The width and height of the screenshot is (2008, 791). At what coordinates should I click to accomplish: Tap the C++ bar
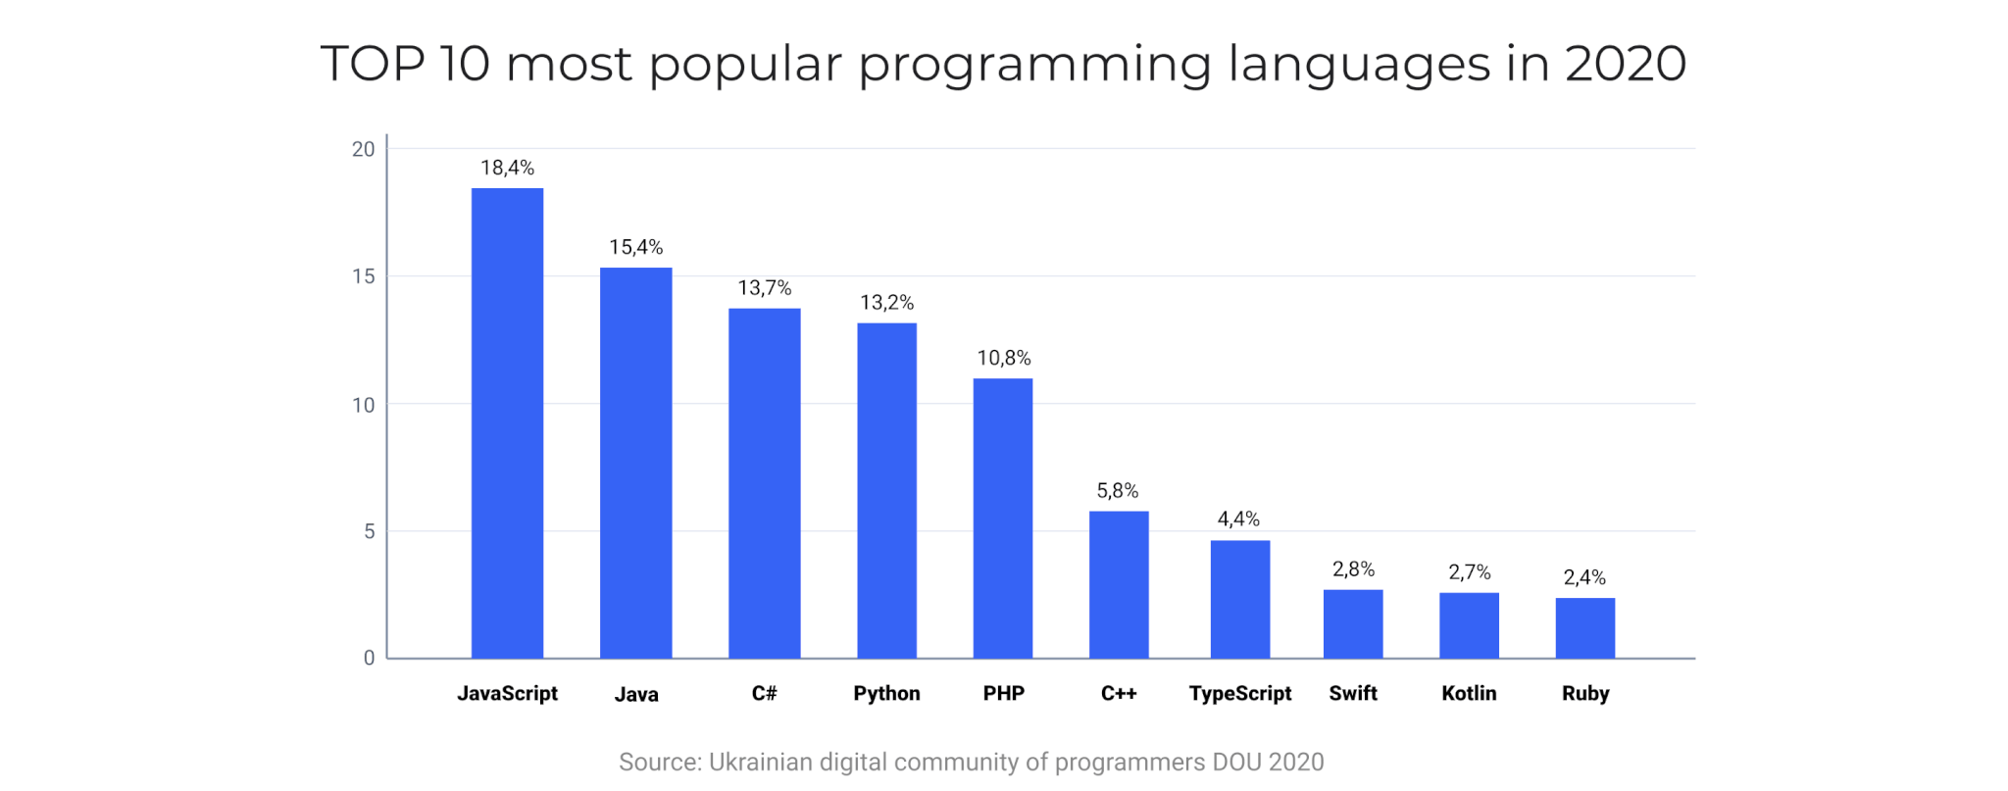tap(1118, 584)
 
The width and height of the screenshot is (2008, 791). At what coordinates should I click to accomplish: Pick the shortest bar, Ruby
tap(1584, 627)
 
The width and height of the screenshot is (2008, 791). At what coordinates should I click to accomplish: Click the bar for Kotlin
tap(1468, 624)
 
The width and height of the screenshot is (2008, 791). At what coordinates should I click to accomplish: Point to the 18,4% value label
tap(507, 168)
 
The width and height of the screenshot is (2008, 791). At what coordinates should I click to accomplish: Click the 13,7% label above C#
tap(764, 288)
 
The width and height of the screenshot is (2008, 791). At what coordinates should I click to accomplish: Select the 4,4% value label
tap(1238, 519)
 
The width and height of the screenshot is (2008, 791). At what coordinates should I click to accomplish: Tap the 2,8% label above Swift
tap(1353, 569)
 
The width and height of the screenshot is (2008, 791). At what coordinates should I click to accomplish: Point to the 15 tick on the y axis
tap(363, 276)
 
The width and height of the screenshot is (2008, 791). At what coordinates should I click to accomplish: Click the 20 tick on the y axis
tap(363, 149)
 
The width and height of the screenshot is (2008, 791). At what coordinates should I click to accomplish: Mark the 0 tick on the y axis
tap(369, 658)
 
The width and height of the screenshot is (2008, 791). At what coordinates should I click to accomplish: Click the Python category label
tap(886, 693)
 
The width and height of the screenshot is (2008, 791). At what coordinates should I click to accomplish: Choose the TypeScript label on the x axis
tap(1239, 693)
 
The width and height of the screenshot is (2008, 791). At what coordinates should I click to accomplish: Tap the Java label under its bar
tap(635, 694)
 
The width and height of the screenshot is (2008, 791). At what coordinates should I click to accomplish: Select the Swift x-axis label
tap(1352, 693)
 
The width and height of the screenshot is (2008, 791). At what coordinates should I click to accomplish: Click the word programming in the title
tap(1034, 66)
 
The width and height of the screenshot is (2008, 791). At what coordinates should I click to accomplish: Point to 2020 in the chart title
tap(1625, 64)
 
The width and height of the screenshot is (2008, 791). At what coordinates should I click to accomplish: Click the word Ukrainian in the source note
tap(760, 762)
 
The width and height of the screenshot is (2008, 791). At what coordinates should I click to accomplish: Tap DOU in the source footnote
tap(1236, 762)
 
